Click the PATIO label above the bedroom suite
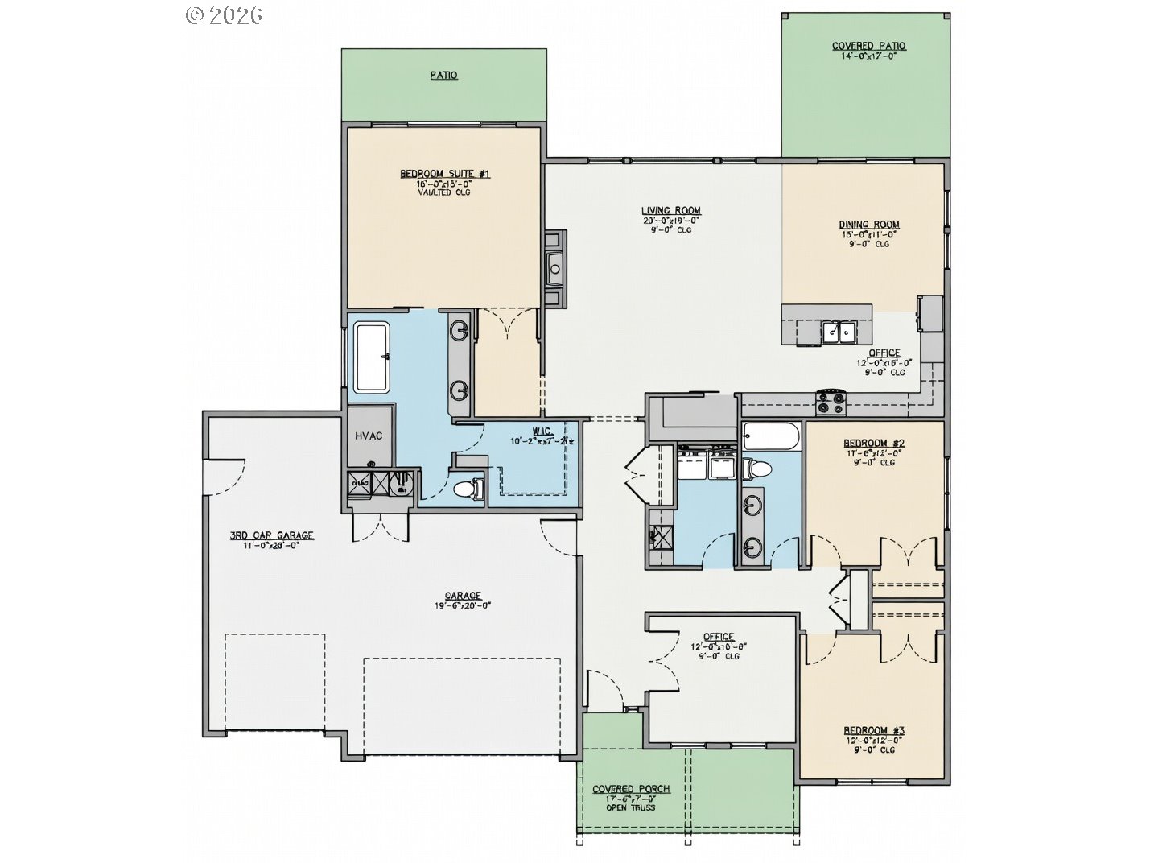(x=443, y=75)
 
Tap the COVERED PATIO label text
(x=868, y=46)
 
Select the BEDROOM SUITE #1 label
(x=445, y=174)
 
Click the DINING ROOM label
(x=869, y=225)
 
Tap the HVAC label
(x=369, y=436)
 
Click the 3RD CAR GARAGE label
(x=272, y=535)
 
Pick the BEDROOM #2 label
(x=874, y=443)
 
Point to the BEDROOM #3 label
(x=874, y=730)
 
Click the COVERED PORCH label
(x=631, y=788)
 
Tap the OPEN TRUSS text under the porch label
(x=631, y=807)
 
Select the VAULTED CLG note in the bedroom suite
(x=445, y=192)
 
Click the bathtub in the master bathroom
(x=372, y=357)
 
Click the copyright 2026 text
(x=225, y=14)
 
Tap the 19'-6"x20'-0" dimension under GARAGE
(x=463, y=605)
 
